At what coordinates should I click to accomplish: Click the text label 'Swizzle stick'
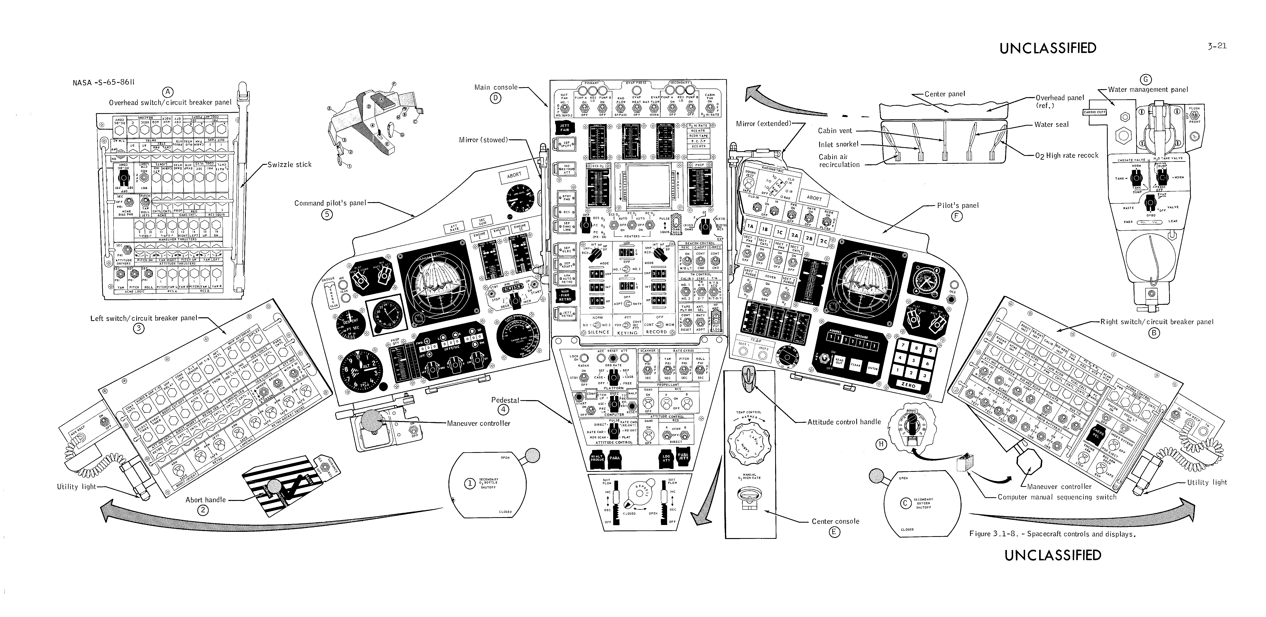[289, 165]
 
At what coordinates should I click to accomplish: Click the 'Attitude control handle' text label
[844, 421]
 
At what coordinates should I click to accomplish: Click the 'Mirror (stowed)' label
[483, 140]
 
